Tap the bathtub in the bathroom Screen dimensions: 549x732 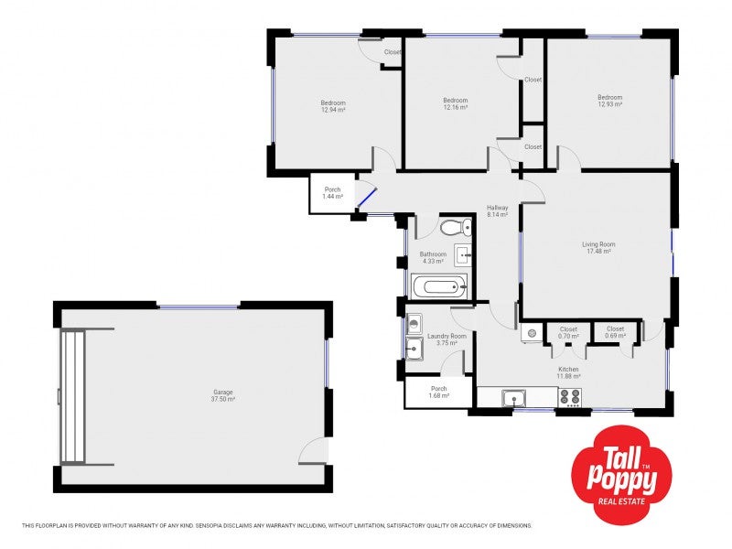click(x=439, y=288)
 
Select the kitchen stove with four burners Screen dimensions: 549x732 click(x=570, y=397)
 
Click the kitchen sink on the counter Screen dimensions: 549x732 click(x=513, y=397)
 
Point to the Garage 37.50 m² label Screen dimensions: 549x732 click(x=223, y=396)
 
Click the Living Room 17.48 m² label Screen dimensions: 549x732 click(x=598, y=247)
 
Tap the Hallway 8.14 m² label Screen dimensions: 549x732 click(x=497, y=211)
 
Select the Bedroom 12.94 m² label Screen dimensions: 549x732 click(x=333, y=106)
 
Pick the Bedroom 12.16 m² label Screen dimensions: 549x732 click(x=455, y=103)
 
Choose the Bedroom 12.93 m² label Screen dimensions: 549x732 click(x=609, y=101)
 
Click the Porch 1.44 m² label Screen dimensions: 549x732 click(x=332, y=193)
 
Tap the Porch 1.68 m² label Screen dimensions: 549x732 click(x=438, y=393)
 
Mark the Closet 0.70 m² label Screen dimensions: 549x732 click(x=568, y=332)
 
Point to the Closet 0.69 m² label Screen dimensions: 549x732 click(x=615, y=332)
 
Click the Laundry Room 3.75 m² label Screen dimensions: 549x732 click(x=447, y=339)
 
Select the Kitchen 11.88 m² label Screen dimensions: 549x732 click(x=569, y=372)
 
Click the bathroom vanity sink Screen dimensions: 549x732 click(x=462, y=255)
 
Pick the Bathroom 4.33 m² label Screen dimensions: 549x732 click(x=433, y=257)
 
